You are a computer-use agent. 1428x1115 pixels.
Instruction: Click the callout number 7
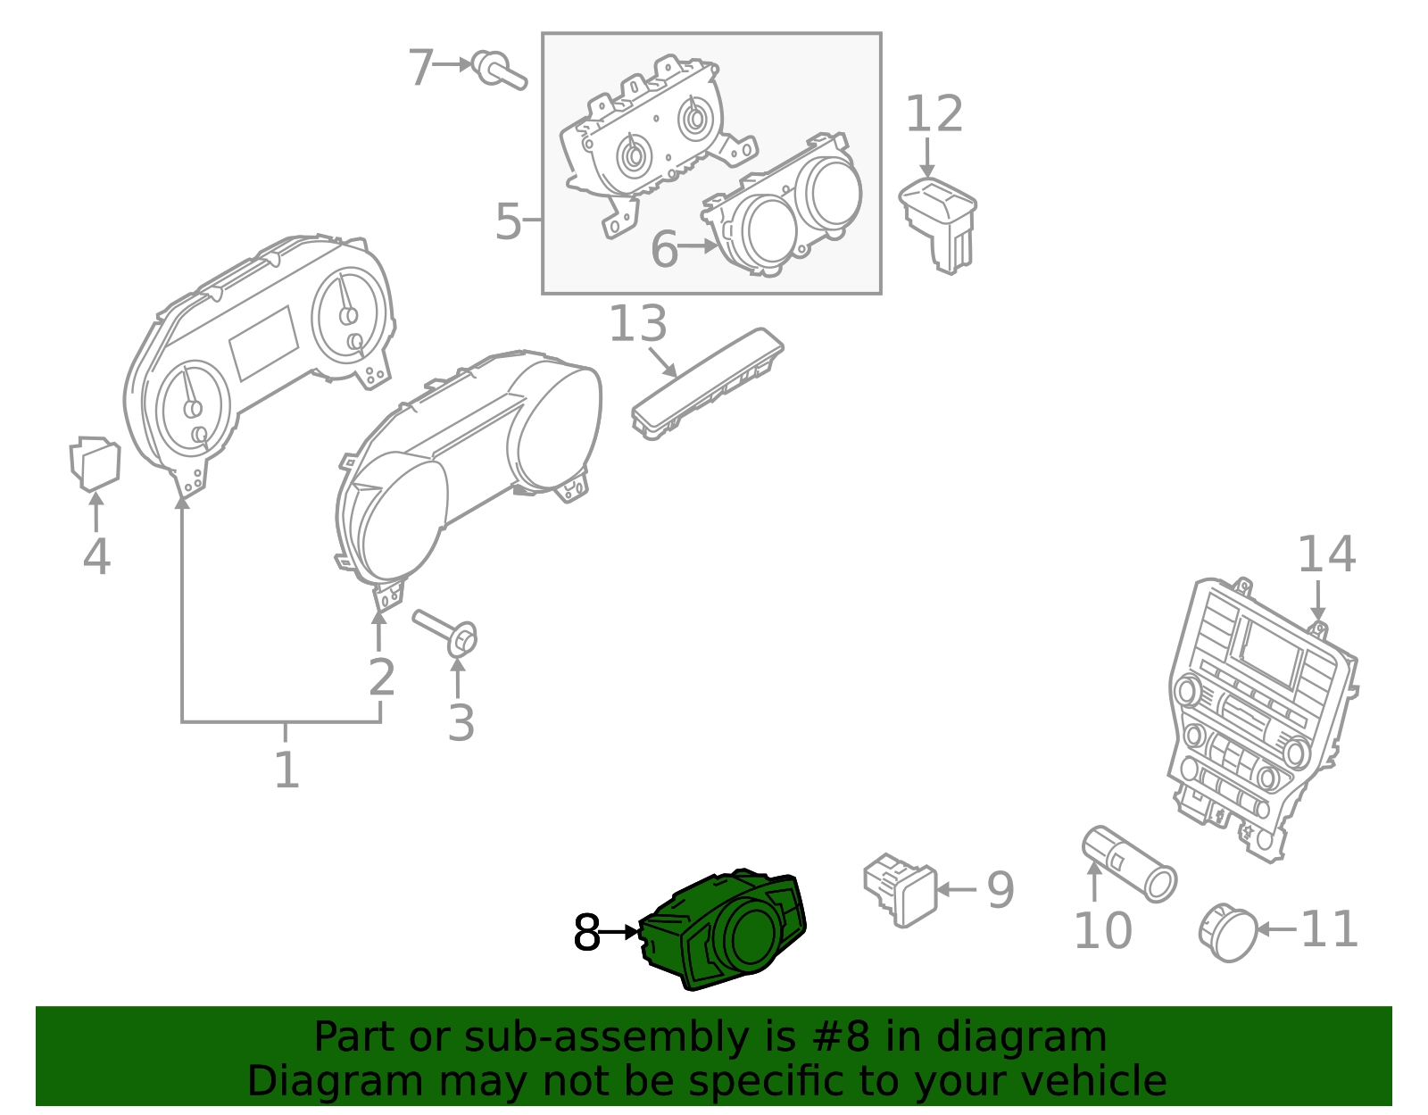pos(420,67)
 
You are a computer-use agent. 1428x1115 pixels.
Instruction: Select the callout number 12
pos(934,113)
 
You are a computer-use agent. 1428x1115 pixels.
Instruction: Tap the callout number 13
pos(638,324)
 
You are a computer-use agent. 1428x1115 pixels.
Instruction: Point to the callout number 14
pos(1326,554)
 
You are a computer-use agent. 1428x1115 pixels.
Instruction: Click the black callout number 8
pos(587,932)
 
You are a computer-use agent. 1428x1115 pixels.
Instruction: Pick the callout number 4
pos(96,556)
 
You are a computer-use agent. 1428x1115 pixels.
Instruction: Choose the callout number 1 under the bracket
pos(286,770)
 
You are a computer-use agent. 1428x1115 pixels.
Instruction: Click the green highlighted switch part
pos(723,929)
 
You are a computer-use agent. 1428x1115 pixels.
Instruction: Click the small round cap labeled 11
pos(1227,933)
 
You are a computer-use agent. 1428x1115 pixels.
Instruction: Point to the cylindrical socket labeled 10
pos(1129,863)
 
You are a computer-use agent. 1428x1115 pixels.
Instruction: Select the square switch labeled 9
pos(901,889)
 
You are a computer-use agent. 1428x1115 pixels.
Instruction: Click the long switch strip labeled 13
pos(708,384)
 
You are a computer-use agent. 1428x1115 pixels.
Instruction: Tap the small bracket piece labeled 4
pos(95,463)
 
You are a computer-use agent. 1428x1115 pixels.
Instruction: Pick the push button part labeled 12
pos(938,223)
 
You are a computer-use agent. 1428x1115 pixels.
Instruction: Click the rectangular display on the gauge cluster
pos(263,344)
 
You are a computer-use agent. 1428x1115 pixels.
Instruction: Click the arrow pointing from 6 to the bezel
pos(698,246)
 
